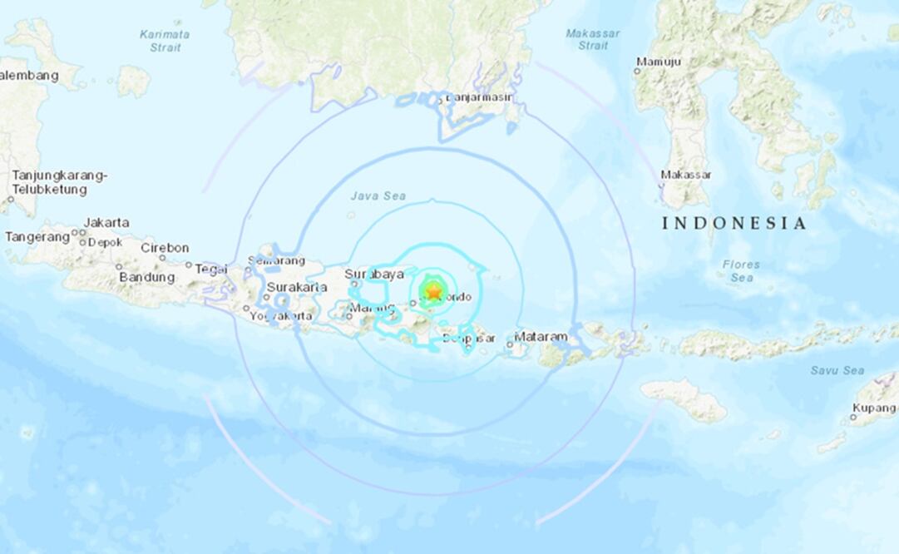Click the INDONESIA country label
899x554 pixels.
click(734, 223)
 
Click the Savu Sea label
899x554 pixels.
click(837, 370)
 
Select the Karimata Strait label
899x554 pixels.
click(165, 41)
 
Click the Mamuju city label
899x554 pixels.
click(659, 62)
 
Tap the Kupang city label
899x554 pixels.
click(873, 408)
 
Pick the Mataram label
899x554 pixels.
click(541, 337)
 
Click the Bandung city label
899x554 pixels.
click(146, 277)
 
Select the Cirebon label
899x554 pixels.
click(165, 248)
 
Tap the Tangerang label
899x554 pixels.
click(37, 237)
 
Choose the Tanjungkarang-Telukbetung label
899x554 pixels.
click(59, 183)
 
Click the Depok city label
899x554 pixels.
click(106, 242)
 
